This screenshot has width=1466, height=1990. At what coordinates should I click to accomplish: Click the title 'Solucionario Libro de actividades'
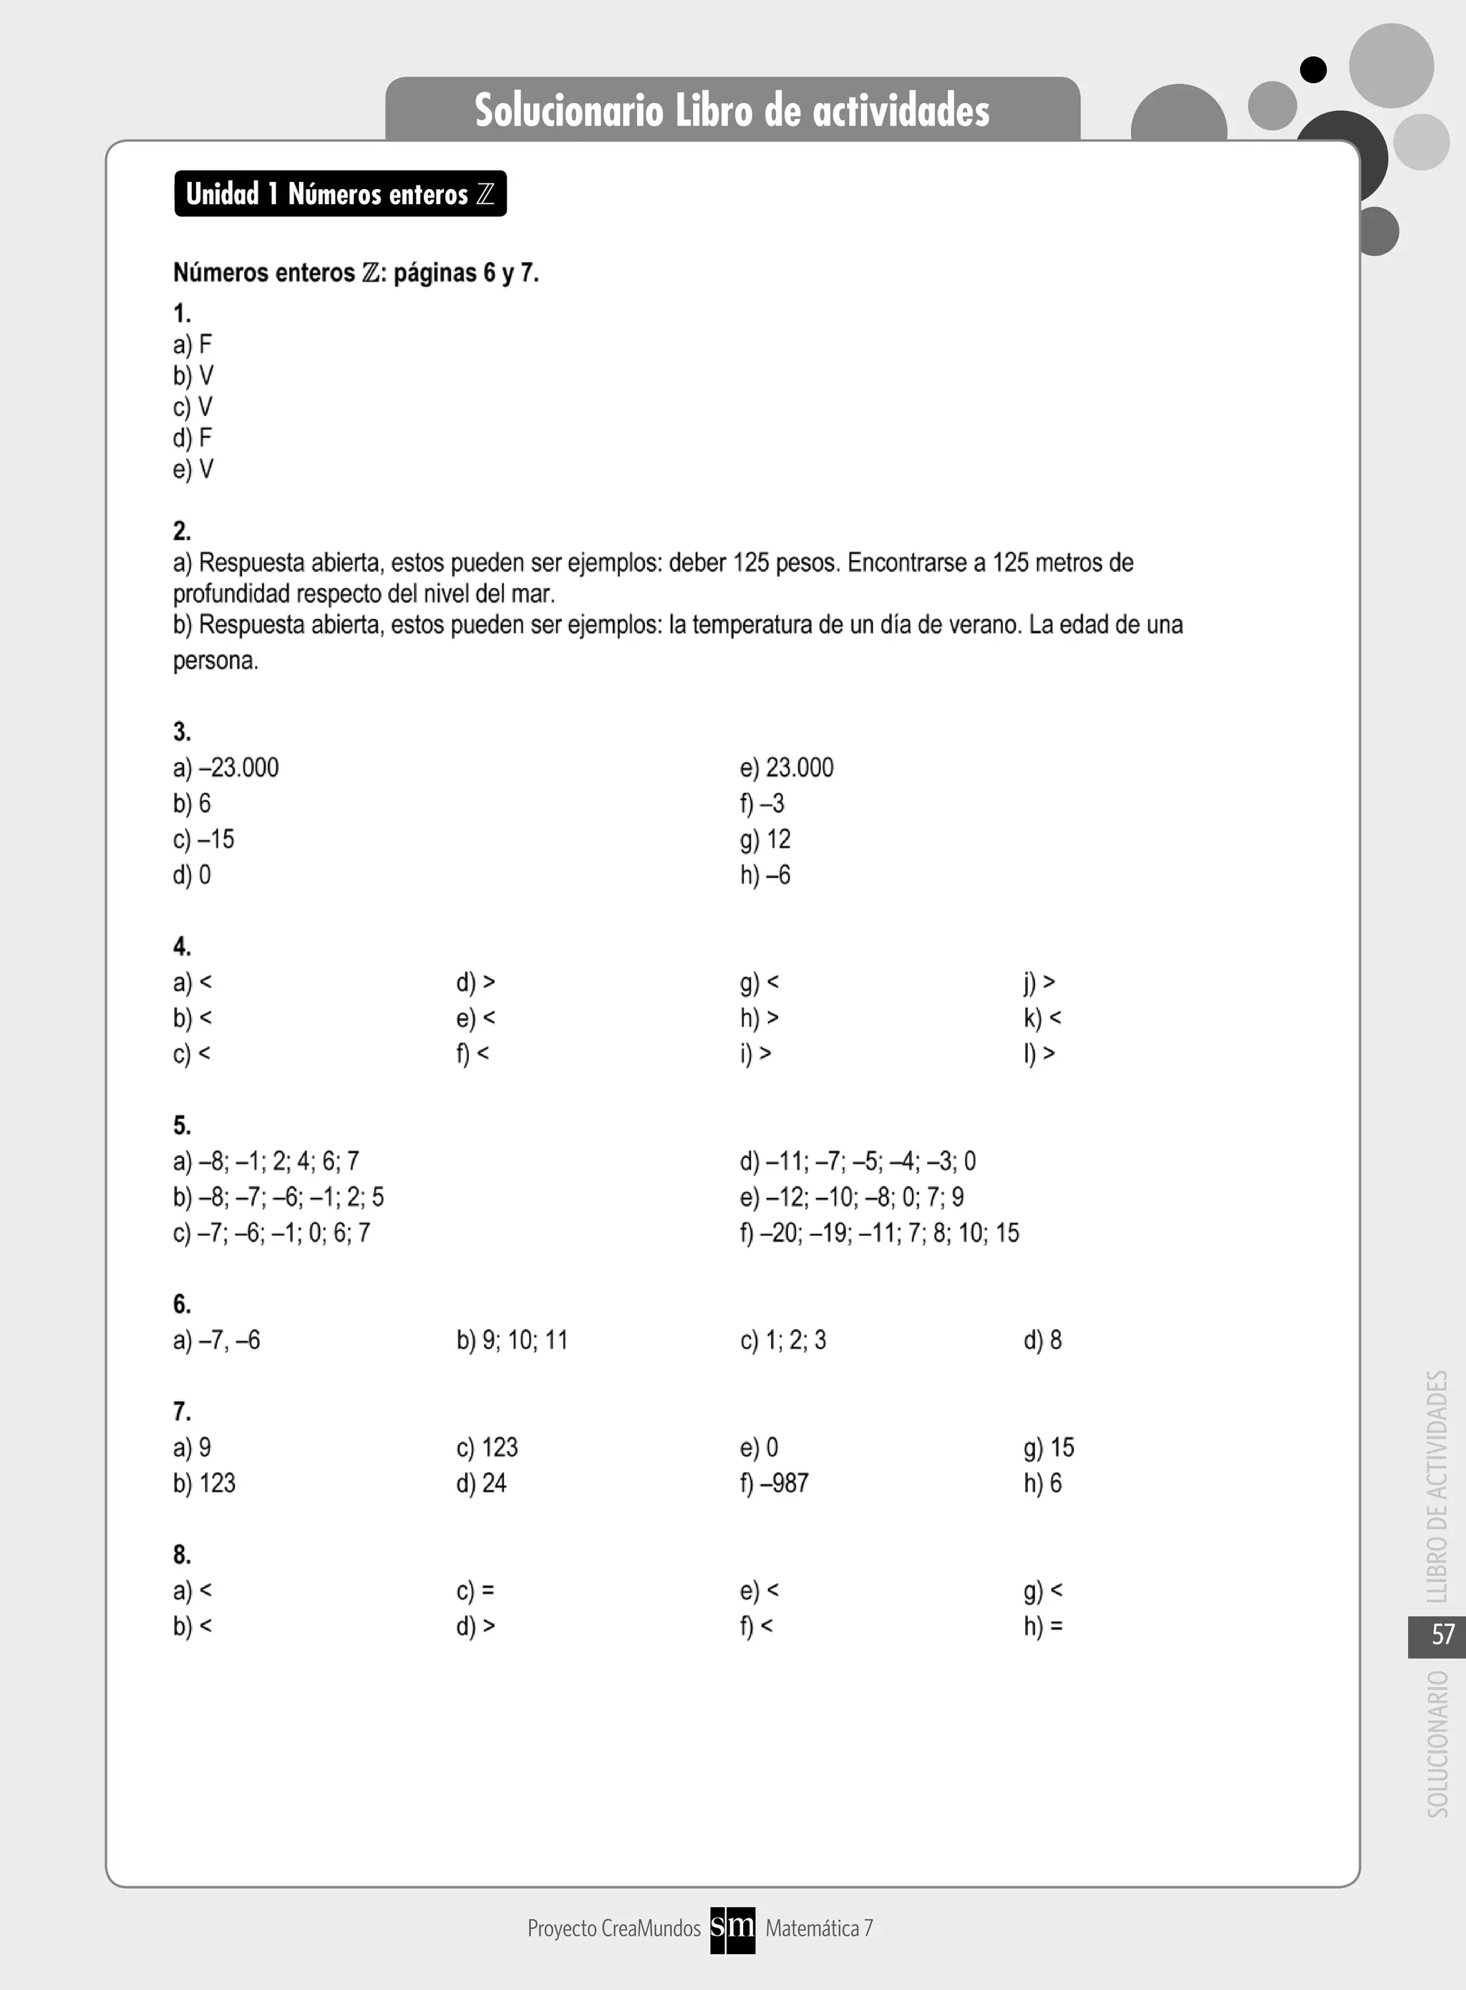click(732, 111)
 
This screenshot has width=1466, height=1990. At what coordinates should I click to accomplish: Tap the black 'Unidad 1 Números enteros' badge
click(340, 193)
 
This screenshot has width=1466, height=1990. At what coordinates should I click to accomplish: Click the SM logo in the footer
click(732, 1928)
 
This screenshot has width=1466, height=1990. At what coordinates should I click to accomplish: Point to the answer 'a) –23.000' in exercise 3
click(225, 768)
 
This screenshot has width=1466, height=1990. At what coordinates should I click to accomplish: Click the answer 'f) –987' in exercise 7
click(774, 1483)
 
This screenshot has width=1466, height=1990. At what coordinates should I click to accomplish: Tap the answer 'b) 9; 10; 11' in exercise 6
click(512, 1341)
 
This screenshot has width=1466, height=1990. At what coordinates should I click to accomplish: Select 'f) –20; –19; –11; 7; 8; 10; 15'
click(880, 1233)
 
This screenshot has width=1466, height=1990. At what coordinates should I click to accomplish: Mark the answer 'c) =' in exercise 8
click(475, 1590)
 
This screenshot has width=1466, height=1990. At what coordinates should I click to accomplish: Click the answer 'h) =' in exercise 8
click(1043, 1626)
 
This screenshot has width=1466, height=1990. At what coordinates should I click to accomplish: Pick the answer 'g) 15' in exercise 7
click(1048, 1448)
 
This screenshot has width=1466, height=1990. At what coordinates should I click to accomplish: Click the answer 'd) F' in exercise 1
click(193, 438)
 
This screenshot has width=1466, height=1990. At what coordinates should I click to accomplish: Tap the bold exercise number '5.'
click(182, 1126)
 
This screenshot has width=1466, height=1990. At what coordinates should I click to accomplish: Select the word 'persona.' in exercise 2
click(215, 661)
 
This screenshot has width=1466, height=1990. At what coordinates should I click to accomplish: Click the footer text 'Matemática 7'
click(819, 1928)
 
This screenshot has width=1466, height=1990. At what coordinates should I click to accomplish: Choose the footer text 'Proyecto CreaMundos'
click(614, 1928)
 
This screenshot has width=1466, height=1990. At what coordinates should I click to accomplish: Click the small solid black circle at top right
click(1313, 69)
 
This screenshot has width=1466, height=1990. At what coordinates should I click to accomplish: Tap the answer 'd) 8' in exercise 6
click(1043, 1341)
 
